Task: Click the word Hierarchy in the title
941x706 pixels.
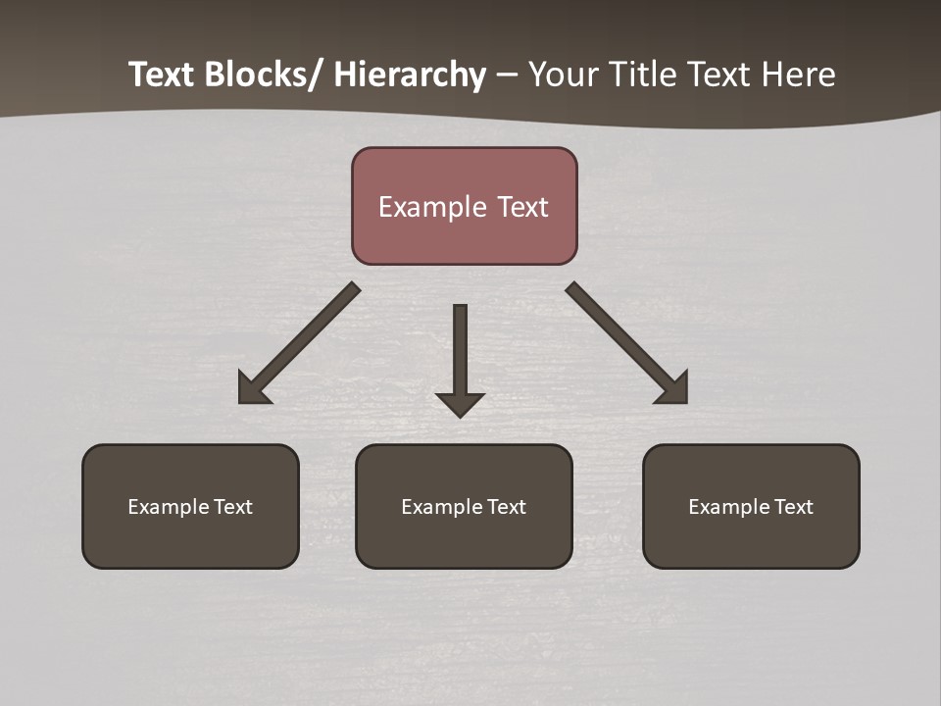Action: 410,75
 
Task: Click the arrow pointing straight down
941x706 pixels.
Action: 460,353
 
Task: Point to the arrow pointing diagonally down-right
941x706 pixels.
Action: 622,339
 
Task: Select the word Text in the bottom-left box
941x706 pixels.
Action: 233,507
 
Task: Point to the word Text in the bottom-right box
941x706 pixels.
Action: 794,507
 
